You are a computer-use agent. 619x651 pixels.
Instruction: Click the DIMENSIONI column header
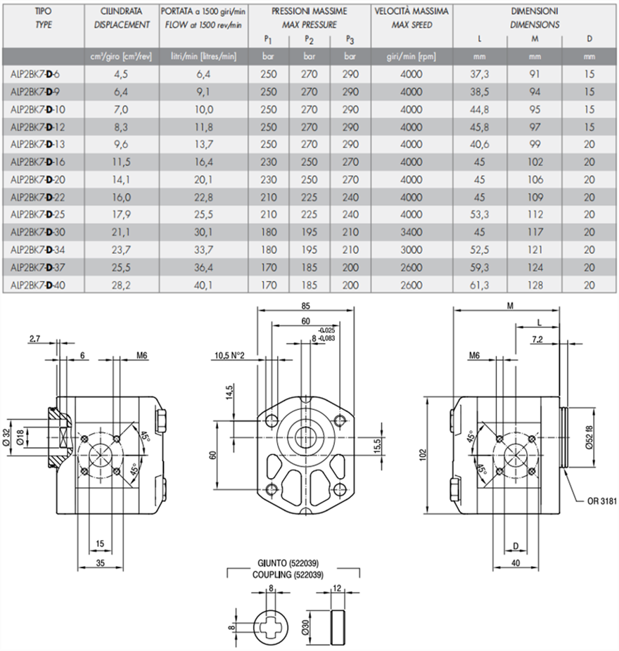pyautogui.click(x=535, y=12)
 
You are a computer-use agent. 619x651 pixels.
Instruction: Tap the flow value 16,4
pyautogui.click(x=204, y=161)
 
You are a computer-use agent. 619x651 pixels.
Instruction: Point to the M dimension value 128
pyautogui.click(x=535, y=285)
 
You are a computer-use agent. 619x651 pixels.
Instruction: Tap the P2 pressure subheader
pyautogui.click(x=310, y=39)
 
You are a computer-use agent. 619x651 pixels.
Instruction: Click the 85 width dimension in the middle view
pyautogui.click(x=304, y=306)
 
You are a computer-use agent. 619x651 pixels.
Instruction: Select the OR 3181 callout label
pyautogui.click(x=601, y=502)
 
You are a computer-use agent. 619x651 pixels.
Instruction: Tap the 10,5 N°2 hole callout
pyautogui.click(x=229, y=355)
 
